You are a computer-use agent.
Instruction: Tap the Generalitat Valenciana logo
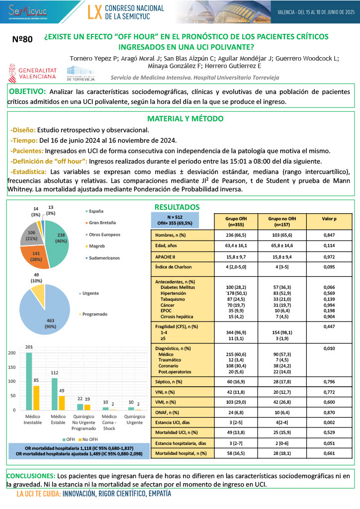(33, 74)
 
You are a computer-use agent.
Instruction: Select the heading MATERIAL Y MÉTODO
(185, 119)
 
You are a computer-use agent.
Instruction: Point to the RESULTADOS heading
(177, 206)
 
